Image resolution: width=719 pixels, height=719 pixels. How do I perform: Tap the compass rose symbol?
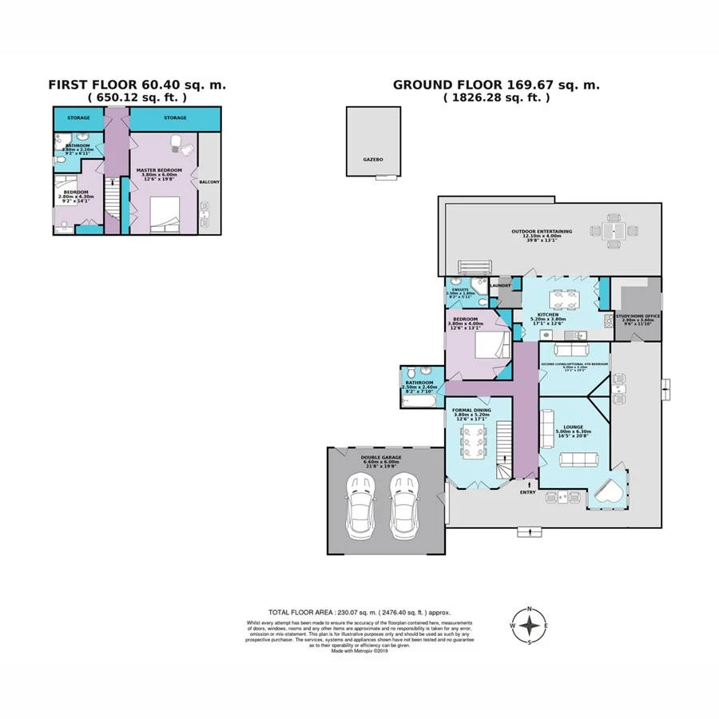(529, 626)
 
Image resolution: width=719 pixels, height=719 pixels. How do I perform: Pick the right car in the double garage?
(405, 508)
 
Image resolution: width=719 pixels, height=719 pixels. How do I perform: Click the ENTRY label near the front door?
(528, 492)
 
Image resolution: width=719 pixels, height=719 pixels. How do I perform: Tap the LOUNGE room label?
(574, 405)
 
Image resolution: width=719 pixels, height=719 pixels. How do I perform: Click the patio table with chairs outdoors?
(614, 230)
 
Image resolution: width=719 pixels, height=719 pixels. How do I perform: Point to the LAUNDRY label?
(501, 285)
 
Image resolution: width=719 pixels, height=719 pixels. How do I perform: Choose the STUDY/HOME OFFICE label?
(637, 315)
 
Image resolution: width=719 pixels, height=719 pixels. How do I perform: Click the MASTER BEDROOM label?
(159, 170)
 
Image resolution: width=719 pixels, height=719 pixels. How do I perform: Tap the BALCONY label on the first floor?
(209, 181)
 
